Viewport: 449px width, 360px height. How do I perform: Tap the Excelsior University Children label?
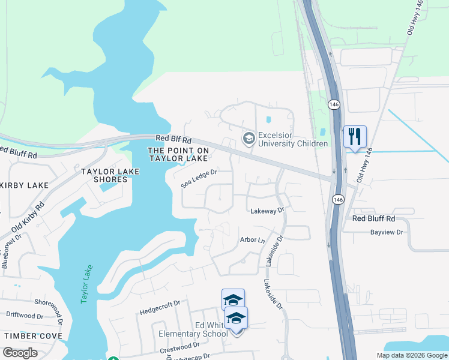[292, 139]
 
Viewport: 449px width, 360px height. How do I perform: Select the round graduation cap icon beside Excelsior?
[248, 139]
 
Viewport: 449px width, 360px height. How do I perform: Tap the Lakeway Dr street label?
[267, 211]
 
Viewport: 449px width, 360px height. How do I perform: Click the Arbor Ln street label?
[252, 240]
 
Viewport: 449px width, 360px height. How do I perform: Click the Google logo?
[19, 353]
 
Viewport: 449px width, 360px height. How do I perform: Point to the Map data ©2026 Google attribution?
[411, 355]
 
